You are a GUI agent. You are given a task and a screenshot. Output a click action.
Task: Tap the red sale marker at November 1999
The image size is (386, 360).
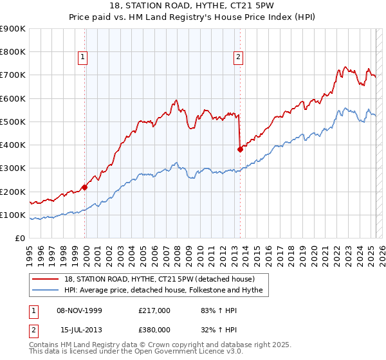[85, 188]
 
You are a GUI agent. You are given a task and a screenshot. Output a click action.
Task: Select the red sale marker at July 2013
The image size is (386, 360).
[240, 149]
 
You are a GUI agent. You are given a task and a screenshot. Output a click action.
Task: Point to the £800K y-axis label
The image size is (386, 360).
[13, 52]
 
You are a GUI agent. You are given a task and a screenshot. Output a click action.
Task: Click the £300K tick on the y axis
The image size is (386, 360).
[13, 168]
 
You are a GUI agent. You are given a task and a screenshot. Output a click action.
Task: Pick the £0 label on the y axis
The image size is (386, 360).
[20, 239]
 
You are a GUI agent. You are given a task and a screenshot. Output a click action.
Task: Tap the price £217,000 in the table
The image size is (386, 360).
[154, 310]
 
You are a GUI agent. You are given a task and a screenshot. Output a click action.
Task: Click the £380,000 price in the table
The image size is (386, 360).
[154, 330]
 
